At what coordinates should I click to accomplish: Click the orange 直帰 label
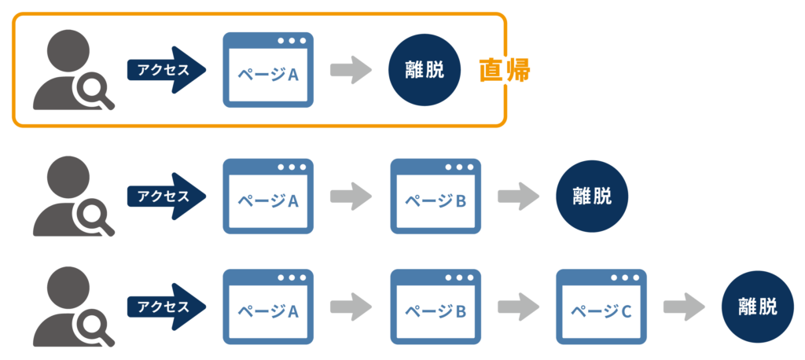click(505, 71)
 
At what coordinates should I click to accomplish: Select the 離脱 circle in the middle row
click(592, 195)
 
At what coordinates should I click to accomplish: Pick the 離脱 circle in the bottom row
click(758, 307)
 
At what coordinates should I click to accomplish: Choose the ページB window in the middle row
click(435, 196)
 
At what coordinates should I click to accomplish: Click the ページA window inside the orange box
click(268, 70)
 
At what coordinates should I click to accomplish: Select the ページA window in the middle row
click(268, 196)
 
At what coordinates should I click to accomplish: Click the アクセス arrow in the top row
click(166, 70)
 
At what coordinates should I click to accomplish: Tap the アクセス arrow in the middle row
click(166, 196)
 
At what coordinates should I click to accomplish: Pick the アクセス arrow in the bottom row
click(166, 307)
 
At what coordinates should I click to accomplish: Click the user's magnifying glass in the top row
click(91, 94)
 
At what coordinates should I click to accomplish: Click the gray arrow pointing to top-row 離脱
click(350, 70)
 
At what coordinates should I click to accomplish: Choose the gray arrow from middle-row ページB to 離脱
click(516, 196)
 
